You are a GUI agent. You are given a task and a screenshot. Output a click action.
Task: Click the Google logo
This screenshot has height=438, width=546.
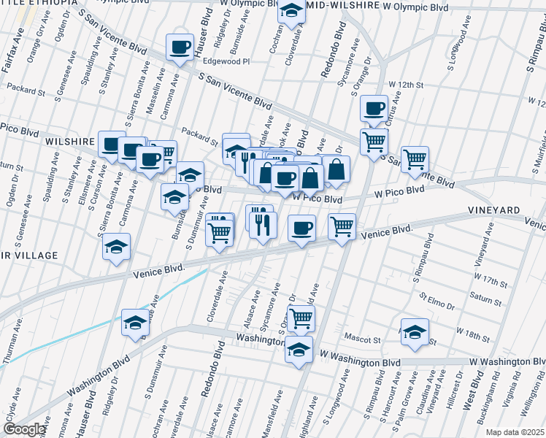click(x=24, y=429)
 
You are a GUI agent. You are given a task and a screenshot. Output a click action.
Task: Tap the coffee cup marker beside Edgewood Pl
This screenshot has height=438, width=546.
click(x=179, y=47)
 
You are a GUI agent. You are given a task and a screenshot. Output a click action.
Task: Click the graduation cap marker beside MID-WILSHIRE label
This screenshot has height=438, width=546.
click(x=291, y=11)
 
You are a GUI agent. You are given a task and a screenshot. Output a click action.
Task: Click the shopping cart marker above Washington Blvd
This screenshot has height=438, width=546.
click(x=301, y=318)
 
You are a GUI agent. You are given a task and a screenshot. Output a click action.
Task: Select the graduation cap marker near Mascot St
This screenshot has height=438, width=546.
click(x=414, y=331)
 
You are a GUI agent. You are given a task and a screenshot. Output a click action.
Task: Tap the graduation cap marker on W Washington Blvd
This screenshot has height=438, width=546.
click(x=298, y=349)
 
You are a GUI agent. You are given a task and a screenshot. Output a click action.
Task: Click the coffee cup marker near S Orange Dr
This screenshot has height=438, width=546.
click(x=374, y=108)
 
